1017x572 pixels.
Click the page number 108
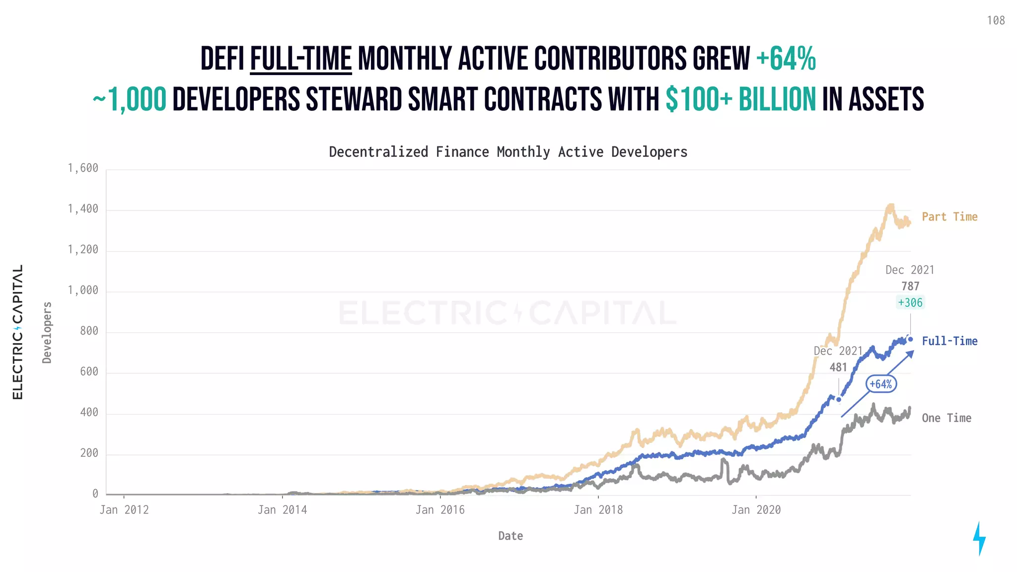coord(995,20)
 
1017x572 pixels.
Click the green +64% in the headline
coord(786,59)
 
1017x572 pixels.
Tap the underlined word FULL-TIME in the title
coord(301,59)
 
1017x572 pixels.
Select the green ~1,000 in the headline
coord(130,99)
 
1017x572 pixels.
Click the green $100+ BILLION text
coord(740,99)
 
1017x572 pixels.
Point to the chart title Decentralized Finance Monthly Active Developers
coord(508,152)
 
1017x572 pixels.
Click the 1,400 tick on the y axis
coord(83,209)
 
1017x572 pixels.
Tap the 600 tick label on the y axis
coord(89,372)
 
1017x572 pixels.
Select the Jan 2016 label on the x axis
coord(440,510)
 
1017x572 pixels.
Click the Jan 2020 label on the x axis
coord(756,510)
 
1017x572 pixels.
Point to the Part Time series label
coord(949,217)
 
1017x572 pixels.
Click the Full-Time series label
coord(949,341)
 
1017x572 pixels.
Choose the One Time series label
coord(946,418)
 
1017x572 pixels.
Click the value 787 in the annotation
coord(910,286)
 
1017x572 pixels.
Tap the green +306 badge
coord(910,303)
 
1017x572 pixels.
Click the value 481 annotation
coord(838,367)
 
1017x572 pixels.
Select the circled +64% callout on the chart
coord(881,384)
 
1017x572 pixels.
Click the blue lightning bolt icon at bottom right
coord(979,538)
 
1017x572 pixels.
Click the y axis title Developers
coord(47,333)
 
